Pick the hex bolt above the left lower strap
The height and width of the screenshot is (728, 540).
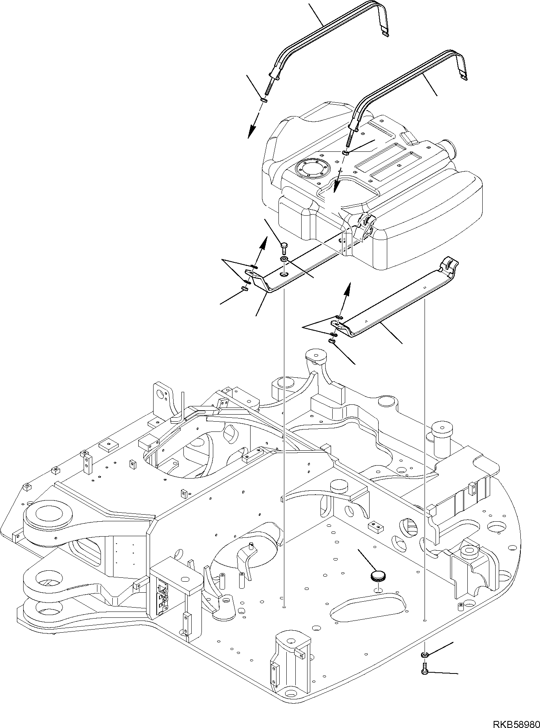284,248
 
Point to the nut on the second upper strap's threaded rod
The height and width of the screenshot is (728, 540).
345,153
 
